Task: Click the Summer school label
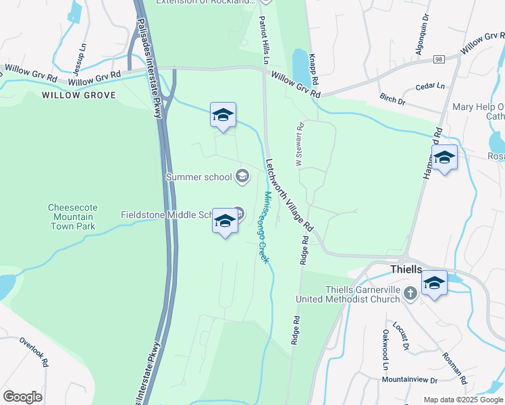click(x=198, y=178)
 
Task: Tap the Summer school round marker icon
click(x=242, y=178)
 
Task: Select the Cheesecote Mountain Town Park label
click(x=71, y=217)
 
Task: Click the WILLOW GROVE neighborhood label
click(x=79, y=95)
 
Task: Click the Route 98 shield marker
click(x=439, y=59)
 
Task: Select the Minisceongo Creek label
click(x=265, y=227)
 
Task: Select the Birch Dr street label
click(x=392, y=101)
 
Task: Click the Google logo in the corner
click(x=22, y=397)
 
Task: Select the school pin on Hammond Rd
click(x=444, y=159)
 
